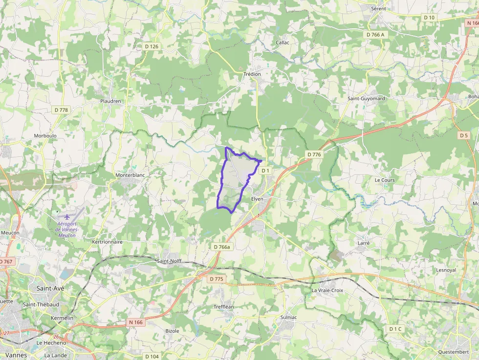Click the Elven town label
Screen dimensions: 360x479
tap(257, 199)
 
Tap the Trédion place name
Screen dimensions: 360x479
tap(252, 74)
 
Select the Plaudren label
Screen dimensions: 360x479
tap(110, 101)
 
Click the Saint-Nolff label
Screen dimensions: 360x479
tap(169, 261)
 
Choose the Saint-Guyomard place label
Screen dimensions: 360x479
tap(366, 99)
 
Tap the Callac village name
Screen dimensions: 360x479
tap(283, 42)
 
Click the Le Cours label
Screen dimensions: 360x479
tap(385, 180)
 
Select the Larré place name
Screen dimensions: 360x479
tap(364, 243)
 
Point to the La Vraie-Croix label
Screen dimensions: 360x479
tap(327, 290)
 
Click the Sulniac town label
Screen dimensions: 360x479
tap(288, 318)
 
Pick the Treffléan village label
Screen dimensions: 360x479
tap(224, 307)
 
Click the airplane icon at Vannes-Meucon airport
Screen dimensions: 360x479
tap(67, 216)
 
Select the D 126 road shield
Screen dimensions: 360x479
tap(152, 46)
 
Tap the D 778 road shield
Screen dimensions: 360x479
tap(61, 110)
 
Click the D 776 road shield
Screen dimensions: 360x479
tap(314, 154)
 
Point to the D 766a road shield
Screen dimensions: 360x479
tap(221, 247)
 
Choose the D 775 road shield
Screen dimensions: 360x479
tap(216, 279)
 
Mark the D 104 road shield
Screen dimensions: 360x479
tap(152, 357)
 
